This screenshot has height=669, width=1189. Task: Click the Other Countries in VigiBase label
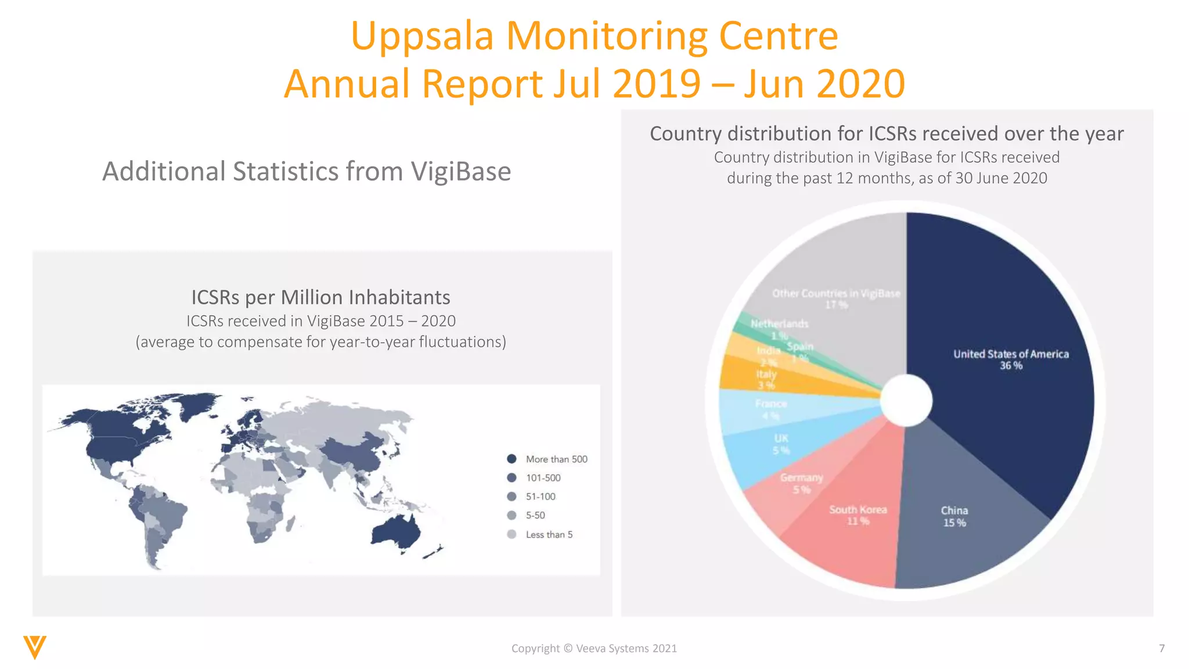point(836,294)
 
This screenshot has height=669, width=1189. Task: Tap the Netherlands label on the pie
point(779,323)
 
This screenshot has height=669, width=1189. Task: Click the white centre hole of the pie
point(906,400)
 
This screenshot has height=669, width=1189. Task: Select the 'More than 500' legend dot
point(511,459)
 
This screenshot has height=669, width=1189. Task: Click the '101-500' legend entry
point(543,478)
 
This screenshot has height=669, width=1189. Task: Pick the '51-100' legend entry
point(540,497)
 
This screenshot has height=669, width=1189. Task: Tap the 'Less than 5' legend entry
point(549,534)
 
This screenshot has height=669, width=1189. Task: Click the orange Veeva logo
point(35,647)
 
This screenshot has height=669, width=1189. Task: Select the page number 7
point(1162,648)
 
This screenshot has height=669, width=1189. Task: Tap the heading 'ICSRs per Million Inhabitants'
point(320,297)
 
